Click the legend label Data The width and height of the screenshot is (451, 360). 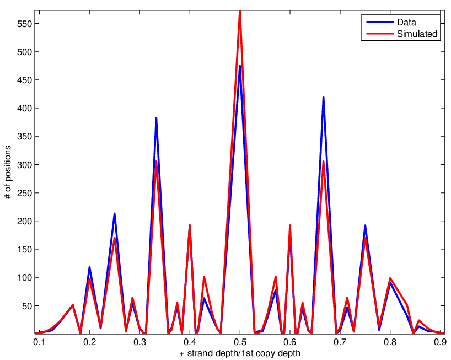406,22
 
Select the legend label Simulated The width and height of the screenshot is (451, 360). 417,34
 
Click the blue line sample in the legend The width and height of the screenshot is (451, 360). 380,22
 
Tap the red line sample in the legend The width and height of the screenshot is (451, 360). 380,34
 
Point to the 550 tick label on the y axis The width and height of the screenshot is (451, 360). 24,24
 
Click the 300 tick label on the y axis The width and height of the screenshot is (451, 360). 24,165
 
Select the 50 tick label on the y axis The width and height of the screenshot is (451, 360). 26,306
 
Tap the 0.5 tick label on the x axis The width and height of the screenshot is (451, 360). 240,342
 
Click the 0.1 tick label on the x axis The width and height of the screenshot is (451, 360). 39,342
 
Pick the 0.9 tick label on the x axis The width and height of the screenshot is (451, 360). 440,342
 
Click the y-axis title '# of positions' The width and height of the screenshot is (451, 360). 8,172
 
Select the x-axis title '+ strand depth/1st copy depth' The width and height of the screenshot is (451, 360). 240,353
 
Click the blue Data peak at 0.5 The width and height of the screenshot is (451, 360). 240,66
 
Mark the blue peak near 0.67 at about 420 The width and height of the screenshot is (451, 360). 323,98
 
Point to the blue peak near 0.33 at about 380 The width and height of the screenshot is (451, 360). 156,119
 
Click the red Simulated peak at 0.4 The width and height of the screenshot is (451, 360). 190,225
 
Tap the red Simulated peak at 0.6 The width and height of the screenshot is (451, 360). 289,225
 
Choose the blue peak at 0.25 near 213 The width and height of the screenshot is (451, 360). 115,214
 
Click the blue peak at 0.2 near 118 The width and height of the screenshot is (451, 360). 89,267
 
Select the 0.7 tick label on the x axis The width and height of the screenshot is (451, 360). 340,342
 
